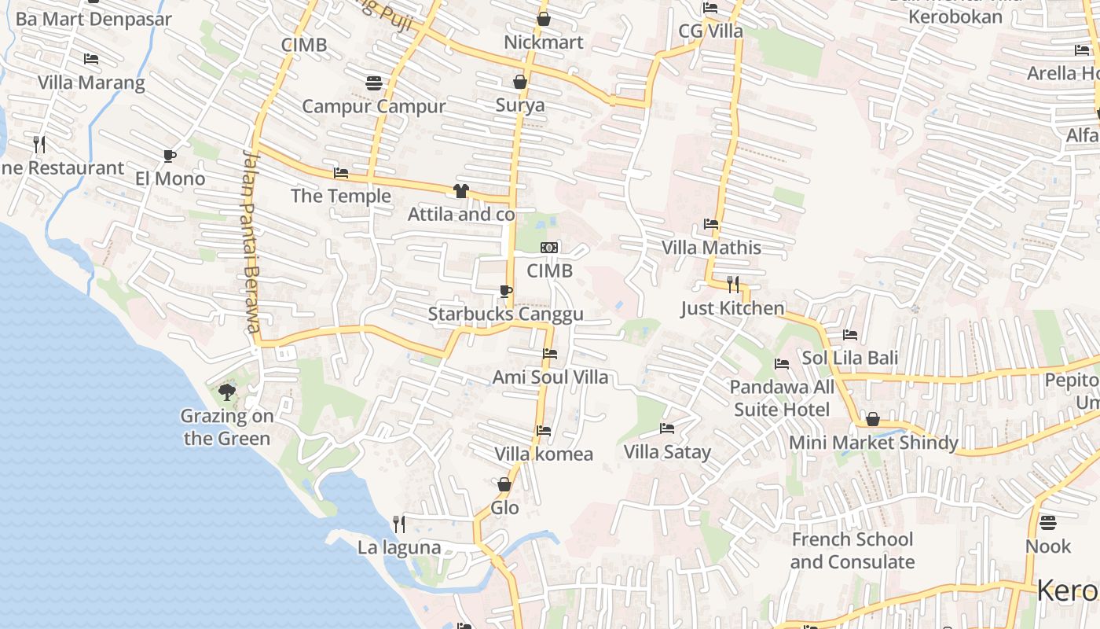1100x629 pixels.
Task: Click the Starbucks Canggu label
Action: click(505, 314)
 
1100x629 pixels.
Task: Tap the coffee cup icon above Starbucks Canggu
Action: click(506, 292)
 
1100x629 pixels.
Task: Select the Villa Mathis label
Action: click(711, 248)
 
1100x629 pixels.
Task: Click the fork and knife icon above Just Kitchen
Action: click(733, 284)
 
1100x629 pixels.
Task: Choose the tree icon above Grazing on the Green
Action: click(227, 392)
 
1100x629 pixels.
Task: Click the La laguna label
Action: click(399, 547)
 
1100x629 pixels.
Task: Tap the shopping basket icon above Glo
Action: click(504, 484)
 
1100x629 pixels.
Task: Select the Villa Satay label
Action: click(667, 451)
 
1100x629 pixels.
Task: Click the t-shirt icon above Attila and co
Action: click(461, 190)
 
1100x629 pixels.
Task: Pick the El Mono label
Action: click(170, 178)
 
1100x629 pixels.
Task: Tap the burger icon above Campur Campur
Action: click(374, 83)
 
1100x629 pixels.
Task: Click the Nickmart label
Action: click(544, 42)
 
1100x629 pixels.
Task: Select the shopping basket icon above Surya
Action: click(519, 82)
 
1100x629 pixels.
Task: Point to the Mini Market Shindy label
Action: click(873, 443)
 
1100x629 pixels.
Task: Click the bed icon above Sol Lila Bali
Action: click(850, 334)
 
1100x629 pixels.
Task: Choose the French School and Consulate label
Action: click(852, 550)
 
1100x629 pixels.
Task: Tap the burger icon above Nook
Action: click(1047, 522)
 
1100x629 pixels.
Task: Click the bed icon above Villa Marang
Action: click(91, 59)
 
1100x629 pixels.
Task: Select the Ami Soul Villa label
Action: click(550, 377)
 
